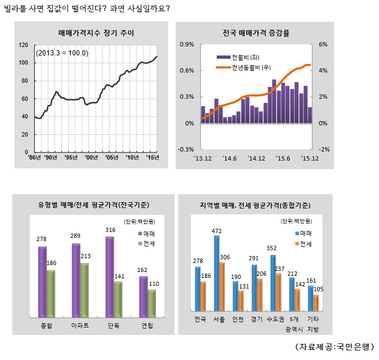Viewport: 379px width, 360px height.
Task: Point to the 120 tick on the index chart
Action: click(23, 45)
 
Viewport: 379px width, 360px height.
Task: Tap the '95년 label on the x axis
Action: click(70, 158)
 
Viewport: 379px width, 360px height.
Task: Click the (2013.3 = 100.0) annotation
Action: click(62, 53)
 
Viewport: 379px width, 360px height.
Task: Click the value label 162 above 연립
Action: click(143, 270)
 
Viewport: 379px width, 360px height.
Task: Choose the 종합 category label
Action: click(46, 325)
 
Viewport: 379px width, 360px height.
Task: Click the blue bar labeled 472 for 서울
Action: click(217, 273)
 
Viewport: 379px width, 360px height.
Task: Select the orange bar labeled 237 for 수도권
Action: click(278, 292)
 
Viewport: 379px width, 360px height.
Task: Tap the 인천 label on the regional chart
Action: click(236, 320)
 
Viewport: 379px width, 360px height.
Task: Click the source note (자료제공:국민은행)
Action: click(335, 347)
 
